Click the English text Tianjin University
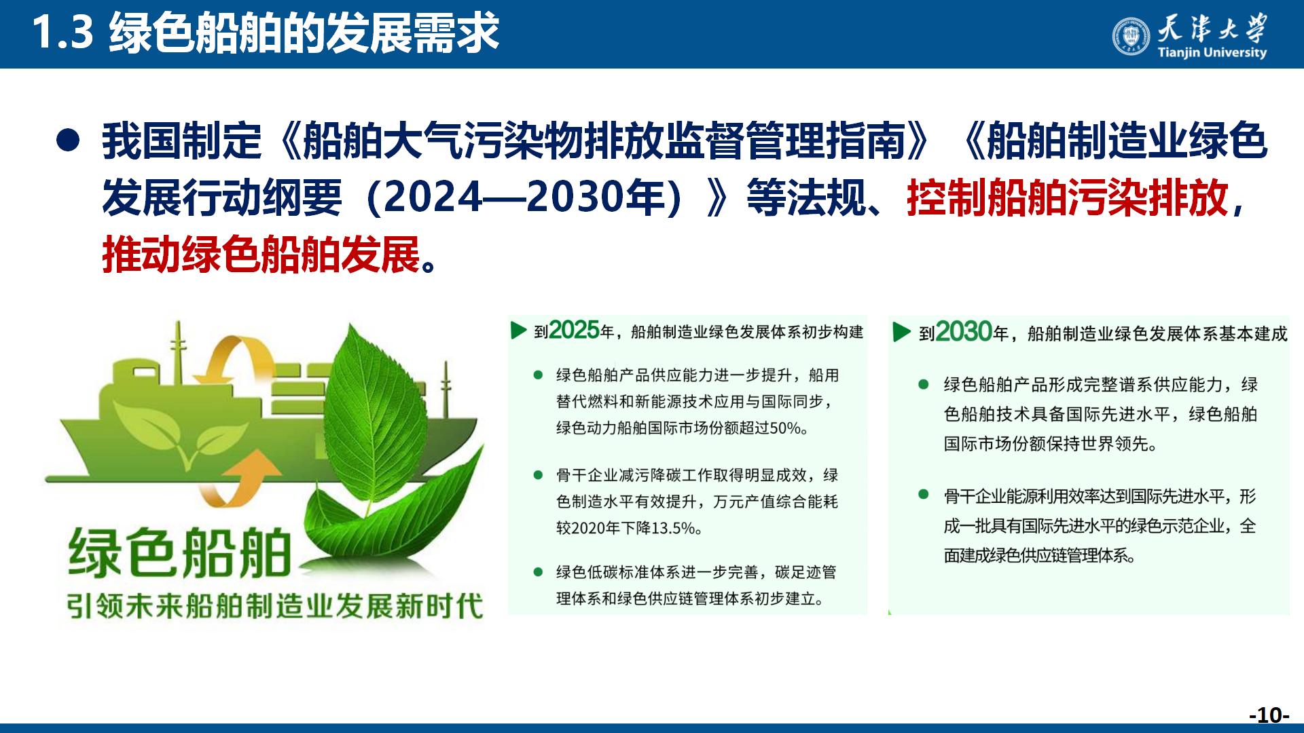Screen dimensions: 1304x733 [1212, 53]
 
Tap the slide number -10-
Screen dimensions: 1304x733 [1269, 715]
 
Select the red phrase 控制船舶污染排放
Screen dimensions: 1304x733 [1067, 198]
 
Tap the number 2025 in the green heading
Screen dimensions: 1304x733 [574, 330]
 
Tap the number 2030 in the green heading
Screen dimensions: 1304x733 [964, 332]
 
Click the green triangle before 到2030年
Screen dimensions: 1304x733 [901, 332]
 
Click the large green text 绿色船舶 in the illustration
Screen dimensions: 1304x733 [180, 553]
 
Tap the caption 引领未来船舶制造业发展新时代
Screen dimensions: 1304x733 [275, 606]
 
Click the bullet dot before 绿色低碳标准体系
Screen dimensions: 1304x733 [539, 572]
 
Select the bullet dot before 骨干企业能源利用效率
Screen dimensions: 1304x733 [924, 495]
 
